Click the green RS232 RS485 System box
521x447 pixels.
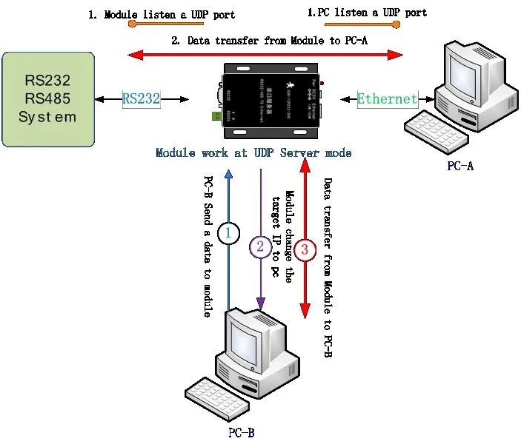(48, 98)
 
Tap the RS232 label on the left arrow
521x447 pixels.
(142, 98)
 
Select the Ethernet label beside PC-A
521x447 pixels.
(387, 98)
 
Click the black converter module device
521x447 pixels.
(274, 101)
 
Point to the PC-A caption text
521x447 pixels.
(459, 166)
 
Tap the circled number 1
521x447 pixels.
(229, 235)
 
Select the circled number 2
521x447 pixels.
(260, 247)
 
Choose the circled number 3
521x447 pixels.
(305, 249)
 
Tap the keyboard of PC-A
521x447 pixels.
(431, 127)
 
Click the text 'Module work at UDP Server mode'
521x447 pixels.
(253, 153)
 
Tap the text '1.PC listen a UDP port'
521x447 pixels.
(367, 13)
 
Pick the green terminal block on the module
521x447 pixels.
(217, 115)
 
